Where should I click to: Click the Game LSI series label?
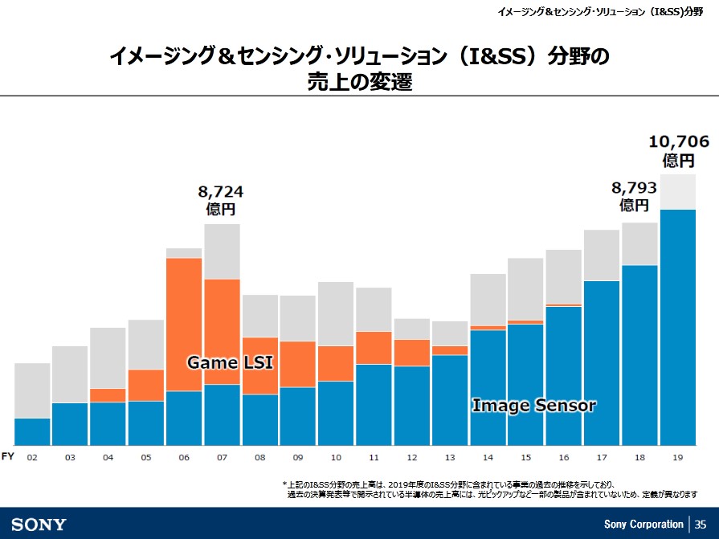pyautogui.click(x=230, y=363)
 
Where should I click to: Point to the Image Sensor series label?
pyautogui.click(x=533, y=406)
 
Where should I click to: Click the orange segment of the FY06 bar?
pyautogui.click(x=184, y=324)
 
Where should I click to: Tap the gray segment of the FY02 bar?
pyautogui.click(x=32, y=390)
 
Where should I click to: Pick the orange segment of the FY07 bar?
pyautogui.click(x=222, y=331)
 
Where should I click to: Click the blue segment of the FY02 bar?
pyautogui.click(x=32, y=431)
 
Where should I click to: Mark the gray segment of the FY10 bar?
pyautogui.click(x=335, y=314)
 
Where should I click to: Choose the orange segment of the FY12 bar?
pyautogui.click(x=411, y=353)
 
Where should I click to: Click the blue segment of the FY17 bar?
pyautogui.click(x=602, y=362)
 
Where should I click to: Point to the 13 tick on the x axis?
pyautogui.click(x=449, y=457)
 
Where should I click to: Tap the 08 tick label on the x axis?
pyautogui.click(x=259, y=457)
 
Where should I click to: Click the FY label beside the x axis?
pyautogui.click(x=7, y=456)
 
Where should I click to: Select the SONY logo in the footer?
pyautogui.click(x=39, y=525)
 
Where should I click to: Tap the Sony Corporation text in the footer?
pyautogui.click(x=643, y=525)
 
